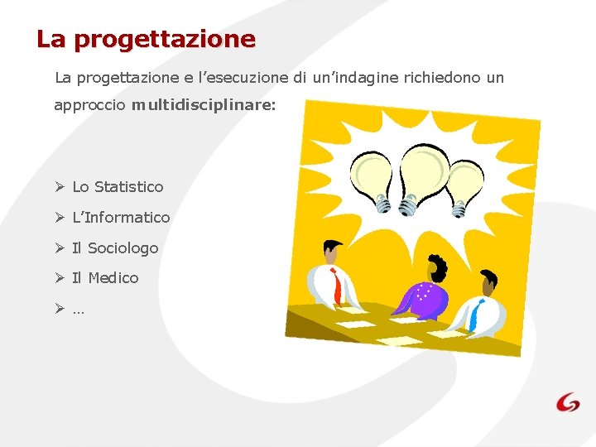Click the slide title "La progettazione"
[146, 39]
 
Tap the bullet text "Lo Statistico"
[118, 187]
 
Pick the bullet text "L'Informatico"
[121, 218]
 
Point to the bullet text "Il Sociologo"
[115, 248]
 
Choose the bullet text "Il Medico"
[105, 278]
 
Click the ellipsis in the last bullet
[79, 310]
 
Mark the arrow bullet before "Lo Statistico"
[60, 187]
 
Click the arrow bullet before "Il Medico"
[60, 278]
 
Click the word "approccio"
[89, 106]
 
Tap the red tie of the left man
[336, 286]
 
